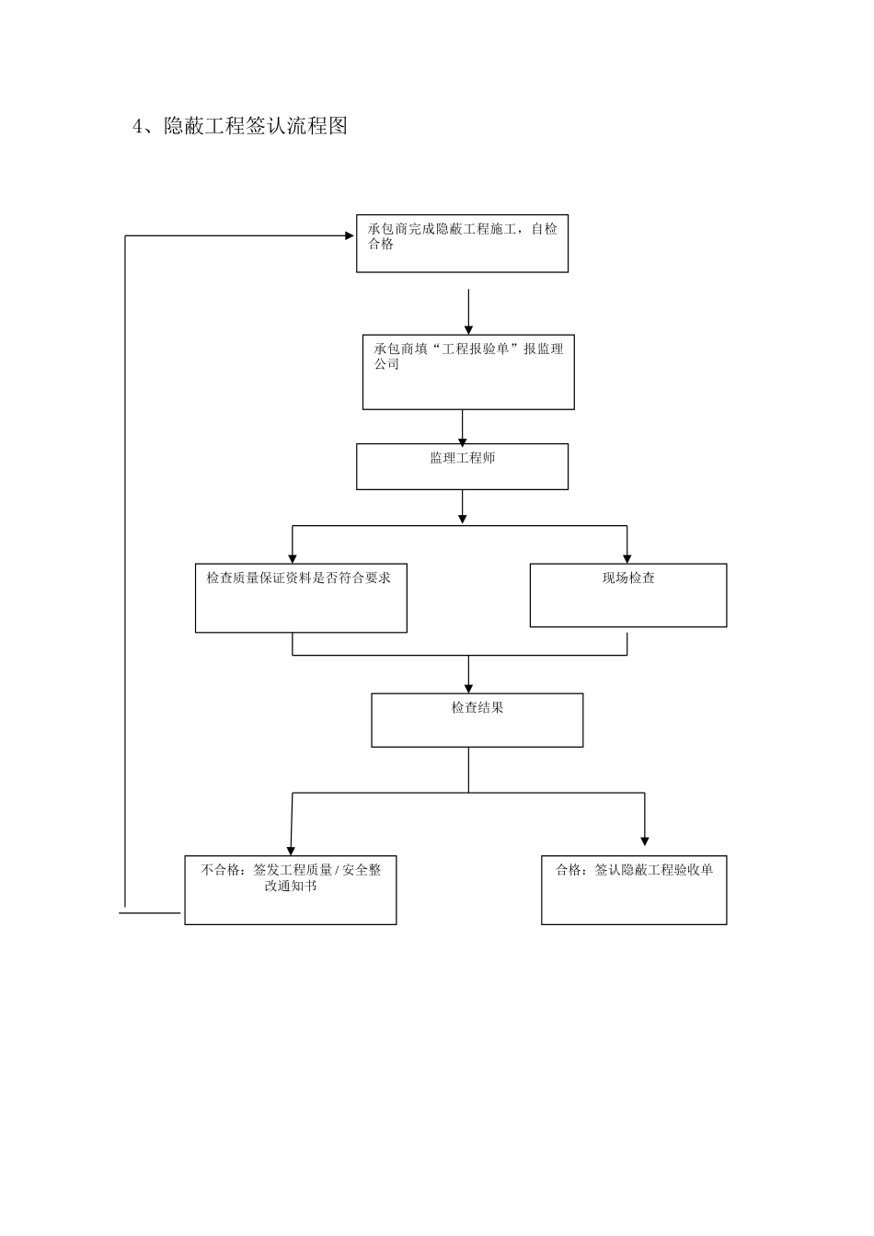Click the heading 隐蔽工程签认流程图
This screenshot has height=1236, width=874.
pyautogui.click(x=255, y=126)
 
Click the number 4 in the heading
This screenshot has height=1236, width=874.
pyautogui.click(x=139, y=127)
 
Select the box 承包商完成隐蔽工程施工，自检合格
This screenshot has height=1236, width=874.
pyautogui.click(x=462, y=244)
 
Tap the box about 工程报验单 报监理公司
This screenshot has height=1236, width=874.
pyautogui.click(x=468, y=372)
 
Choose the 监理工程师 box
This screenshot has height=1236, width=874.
pyautogui.click(x=462, y=466)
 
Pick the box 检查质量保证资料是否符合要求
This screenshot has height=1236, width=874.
pyautogui.click(x=301, y=598)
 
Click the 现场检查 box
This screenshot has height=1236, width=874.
pyautogui.click(x=628, y=595)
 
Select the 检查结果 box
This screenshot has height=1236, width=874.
pyautogui.click(x=477, y=719)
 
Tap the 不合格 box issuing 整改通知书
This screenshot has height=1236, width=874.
pyautogui.click(x=291, y=890)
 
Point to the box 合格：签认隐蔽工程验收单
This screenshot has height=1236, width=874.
pyautogui.click(x=634, y=890)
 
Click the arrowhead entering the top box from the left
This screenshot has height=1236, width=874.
pyautogui.click(x=350, y=236)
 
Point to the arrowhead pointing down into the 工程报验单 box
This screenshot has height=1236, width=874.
pyautogui.click(x=468, y=329)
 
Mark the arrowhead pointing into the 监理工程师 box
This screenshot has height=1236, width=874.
pyautogui.click(x=462, y=439)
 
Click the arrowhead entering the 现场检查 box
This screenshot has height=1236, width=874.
pyautogui.click(x=627, y=557)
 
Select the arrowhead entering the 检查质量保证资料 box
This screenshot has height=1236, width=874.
pyautogui.click(x=293, y=557)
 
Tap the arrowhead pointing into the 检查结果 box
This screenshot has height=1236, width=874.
pyautogui.click(x=468, y=687)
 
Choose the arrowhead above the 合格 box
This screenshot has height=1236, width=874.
pyautogui.click(x=644, y=839)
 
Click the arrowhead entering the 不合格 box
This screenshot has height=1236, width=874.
pyautogui.click(x=291, y=850)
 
